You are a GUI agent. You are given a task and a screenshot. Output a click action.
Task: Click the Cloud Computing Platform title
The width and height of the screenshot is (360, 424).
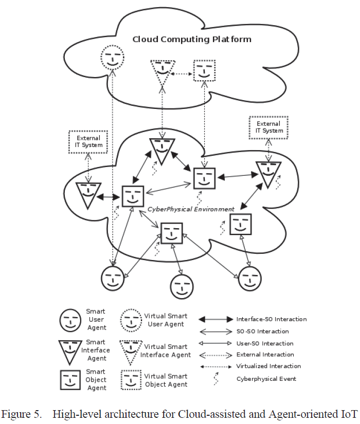[192, 40]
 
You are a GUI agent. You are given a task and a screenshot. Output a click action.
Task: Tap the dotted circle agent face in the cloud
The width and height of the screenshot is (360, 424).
[112, 58]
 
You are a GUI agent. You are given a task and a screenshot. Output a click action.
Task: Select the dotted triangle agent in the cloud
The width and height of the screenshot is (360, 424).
[163, 72]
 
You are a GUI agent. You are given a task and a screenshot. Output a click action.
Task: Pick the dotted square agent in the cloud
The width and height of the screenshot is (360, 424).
[204, 70]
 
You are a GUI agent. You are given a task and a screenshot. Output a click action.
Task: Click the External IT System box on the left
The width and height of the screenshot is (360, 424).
[88, 142]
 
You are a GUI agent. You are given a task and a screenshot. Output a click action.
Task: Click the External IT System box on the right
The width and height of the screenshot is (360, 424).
[268, 127]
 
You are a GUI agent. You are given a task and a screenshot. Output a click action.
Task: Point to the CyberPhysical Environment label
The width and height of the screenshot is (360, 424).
[191, 209]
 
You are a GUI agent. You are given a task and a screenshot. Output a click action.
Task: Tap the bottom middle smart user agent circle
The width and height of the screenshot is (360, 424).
[182, 287]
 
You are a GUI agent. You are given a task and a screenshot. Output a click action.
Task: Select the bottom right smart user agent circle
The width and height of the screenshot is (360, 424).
[249, 279]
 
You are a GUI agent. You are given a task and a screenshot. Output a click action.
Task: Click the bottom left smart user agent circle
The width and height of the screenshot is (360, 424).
[113, 278]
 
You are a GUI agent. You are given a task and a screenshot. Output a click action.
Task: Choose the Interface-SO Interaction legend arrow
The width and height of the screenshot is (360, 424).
[215, 319]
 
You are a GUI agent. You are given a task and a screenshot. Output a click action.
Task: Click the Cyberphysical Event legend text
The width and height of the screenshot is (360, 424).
[266, 379]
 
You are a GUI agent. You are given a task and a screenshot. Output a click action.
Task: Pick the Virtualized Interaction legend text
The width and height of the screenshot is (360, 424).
[268, 366]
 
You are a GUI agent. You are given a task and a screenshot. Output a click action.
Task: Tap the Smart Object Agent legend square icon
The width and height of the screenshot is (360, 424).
[70, 380]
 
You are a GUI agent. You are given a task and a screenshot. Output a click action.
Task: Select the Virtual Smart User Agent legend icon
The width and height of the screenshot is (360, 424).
[131, 320]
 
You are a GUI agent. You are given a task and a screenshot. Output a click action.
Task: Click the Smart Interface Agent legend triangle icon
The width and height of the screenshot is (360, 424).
[70, 351]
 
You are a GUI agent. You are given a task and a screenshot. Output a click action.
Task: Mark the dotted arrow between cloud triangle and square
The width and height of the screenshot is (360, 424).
[182, 73]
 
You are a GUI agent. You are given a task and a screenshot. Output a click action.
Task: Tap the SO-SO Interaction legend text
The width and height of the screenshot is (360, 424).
[263, 331]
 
